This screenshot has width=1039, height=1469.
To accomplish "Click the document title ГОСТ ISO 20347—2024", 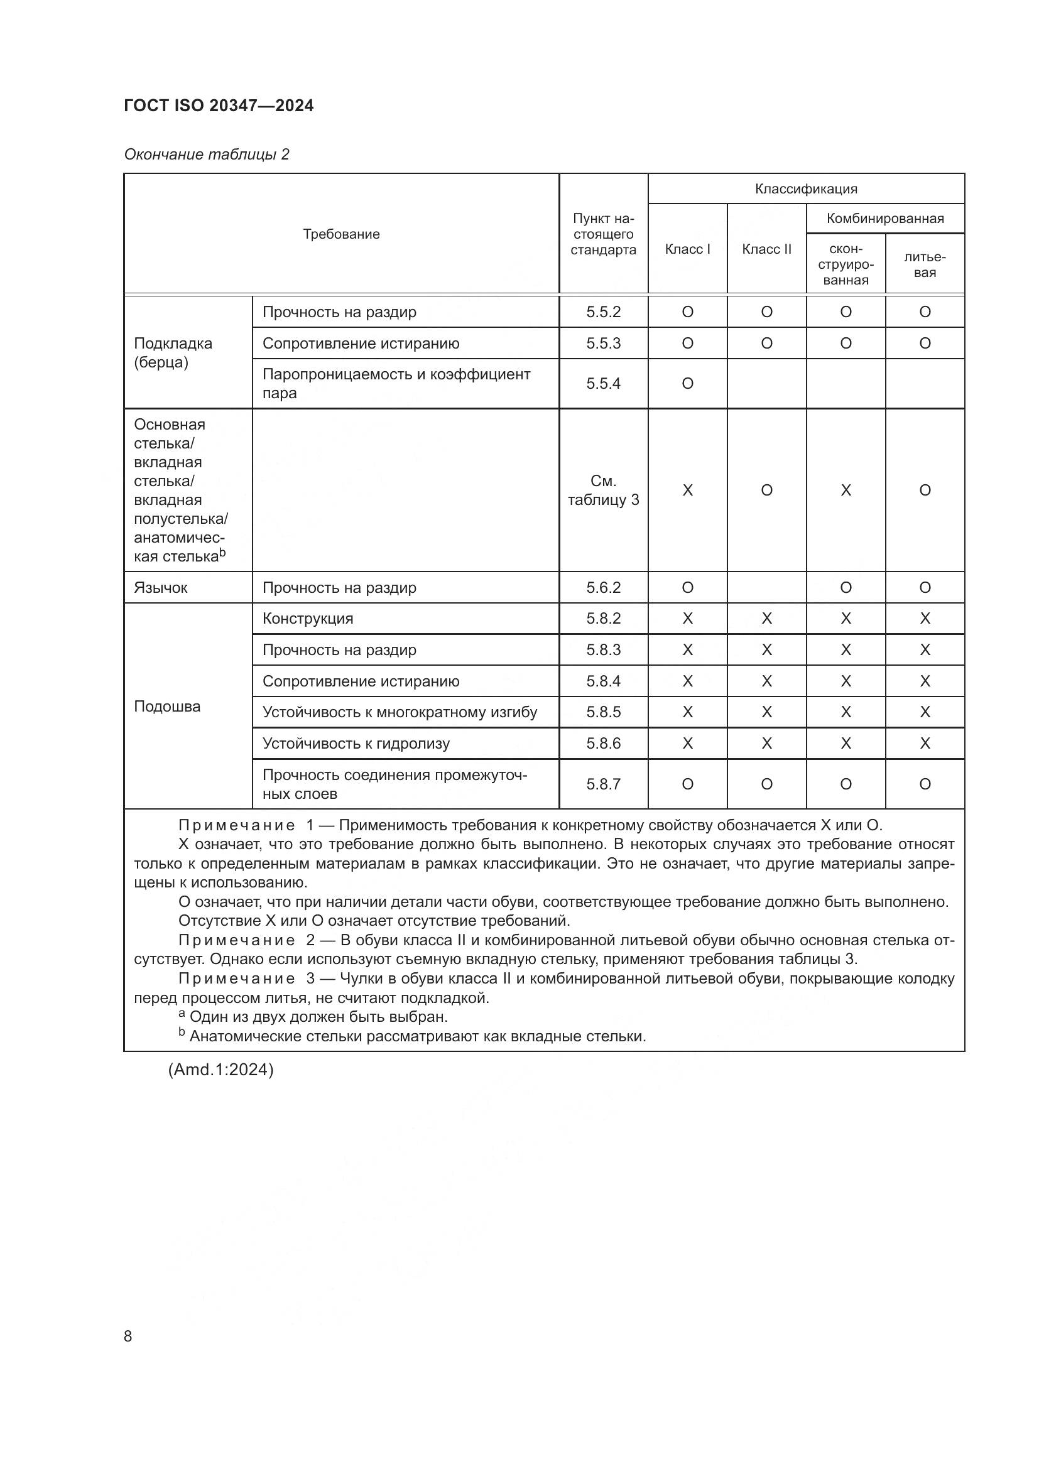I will point(219,106).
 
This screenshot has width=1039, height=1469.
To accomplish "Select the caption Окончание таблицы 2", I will point(207,154).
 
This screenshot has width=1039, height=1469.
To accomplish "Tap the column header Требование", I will point(341,234).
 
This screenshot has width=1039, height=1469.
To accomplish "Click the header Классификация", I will point(805,189).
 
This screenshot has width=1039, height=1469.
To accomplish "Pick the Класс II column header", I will point(766,249).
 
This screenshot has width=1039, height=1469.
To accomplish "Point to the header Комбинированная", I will point(885,218).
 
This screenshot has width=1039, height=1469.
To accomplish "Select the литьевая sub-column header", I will point(925,264).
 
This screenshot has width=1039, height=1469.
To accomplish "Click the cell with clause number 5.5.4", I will point(603,383).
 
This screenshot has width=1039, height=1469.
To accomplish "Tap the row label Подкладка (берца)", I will point(173,352).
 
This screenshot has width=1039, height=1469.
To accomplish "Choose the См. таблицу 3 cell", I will point(603,490).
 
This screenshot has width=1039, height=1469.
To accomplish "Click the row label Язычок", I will point(161,587).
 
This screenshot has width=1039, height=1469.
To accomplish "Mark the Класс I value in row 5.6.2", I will point(687,587).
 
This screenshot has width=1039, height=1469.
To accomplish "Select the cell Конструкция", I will point(308,619).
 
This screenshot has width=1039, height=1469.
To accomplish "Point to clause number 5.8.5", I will point(603,712).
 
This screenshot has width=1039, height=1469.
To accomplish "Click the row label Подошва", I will point(167,707).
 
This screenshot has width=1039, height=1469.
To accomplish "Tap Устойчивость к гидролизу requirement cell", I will point(356,744).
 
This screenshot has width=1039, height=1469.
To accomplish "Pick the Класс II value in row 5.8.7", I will point(766,784).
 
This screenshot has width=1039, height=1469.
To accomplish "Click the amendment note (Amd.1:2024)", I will point(220,1070).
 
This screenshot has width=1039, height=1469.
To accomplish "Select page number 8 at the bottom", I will point(128,1336).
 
